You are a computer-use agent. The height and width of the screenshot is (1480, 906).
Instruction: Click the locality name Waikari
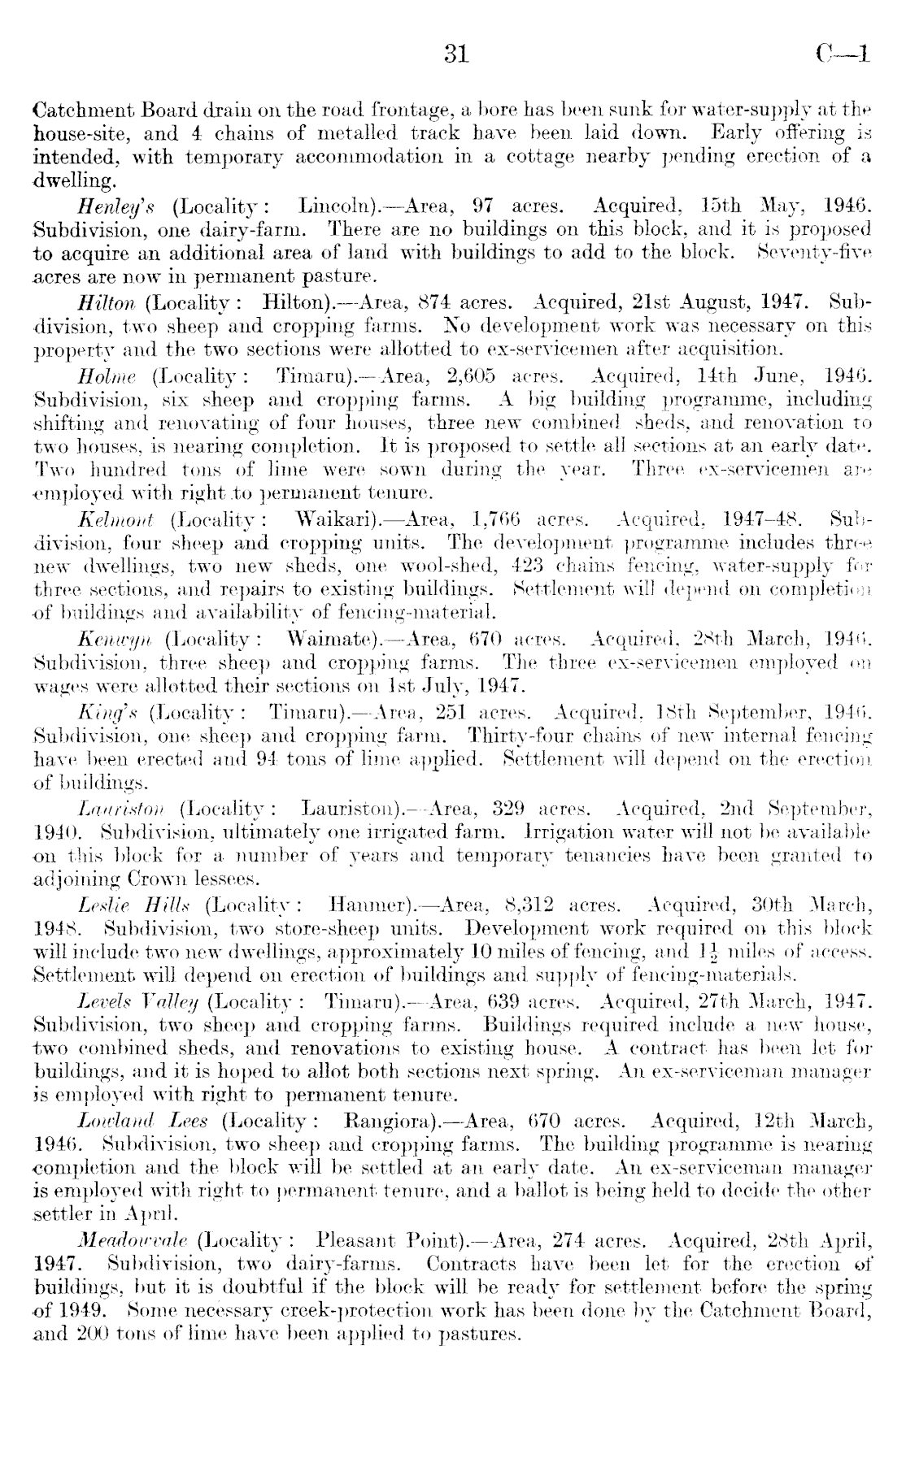[334, 519]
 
